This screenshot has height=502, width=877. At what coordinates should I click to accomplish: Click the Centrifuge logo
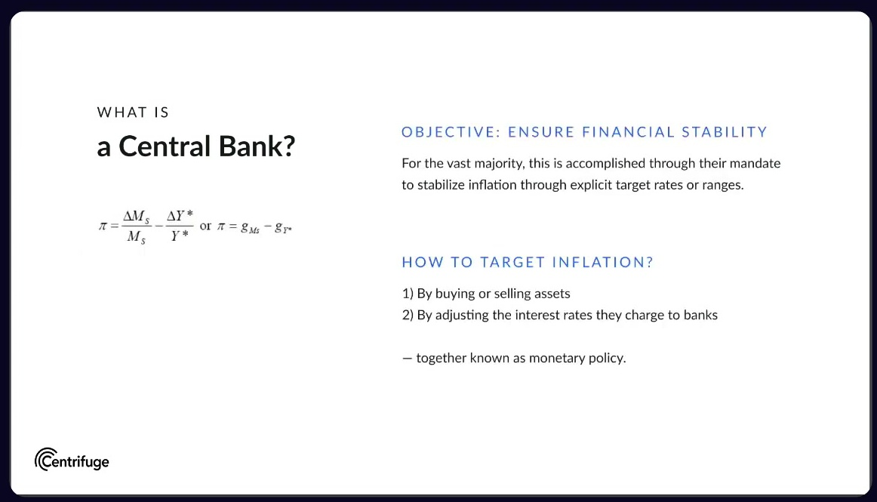[72, 460]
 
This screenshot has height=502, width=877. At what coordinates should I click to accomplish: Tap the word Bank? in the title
[257, 146]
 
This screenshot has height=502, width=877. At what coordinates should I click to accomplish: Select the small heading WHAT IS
[133, 112]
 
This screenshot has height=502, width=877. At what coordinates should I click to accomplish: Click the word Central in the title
[165, 146]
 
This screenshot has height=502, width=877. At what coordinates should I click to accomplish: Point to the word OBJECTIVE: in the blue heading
[451, 132]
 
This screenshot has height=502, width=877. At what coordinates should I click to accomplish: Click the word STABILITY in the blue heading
[725, 132]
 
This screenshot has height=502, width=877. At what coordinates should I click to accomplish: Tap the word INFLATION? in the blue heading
[602, 262]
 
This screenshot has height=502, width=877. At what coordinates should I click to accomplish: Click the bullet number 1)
[408, 294]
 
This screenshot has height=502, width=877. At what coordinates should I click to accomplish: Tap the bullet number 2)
[408, 315]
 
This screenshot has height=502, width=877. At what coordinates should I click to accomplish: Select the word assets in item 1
[552, 294]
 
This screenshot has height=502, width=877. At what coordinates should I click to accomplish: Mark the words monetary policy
[577, 358]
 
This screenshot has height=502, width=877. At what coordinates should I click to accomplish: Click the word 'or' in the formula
[206, 226]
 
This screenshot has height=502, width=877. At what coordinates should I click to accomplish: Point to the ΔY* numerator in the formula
[180, 215]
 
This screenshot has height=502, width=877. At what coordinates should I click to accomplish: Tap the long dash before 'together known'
[408, 358]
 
